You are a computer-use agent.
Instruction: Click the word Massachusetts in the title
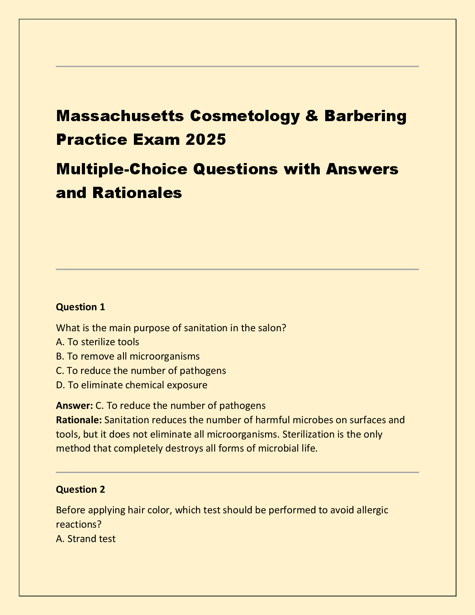click(120, 116)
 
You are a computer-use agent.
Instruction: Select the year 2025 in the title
click(205, 139)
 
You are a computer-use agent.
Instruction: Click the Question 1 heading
click(80, 307)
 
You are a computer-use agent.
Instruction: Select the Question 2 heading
click(80, 490)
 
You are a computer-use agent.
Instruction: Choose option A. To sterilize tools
click(97, 342)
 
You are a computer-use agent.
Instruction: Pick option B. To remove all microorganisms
click(128, 356)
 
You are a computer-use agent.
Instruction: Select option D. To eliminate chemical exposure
click(132, 385)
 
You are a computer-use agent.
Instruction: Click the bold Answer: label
click(74, 406)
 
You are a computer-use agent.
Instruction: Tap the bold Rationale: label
click(79, 420)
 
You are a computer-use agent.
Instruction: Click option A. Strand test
click(86, 539)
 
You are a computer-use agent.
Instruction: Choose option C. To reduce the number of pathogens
click(141, 371)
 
